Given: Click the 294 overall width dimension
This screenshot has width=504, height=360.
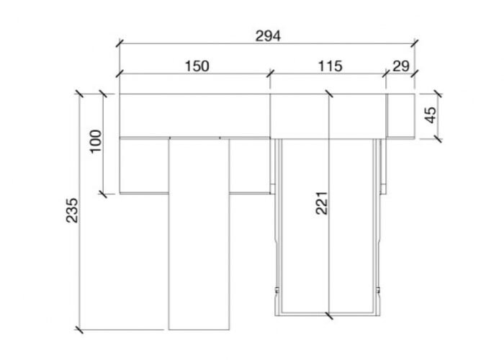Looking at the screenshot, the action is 268,36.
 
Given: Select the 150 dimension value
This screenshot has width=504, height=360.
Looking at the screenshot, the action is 197,66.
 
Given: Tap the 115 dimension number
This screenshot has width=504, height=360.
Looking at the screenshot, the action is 330,66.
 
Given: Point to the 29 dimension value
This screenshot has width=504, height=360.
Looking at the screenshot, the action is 401,66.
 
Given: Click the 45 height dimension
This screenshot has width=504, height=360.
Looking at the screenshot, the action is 431,114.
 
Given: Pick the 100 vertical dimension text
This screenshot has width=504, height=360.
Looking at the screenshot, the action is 96,141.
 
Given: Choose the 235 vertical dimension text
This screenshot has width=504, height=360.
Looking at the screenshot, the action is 72,210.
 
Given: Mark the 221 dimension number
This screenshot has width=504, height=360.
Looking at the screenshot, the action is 321,203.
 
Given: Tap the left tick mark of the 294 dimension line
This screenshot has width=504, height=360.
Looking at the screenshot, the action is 120,43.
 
